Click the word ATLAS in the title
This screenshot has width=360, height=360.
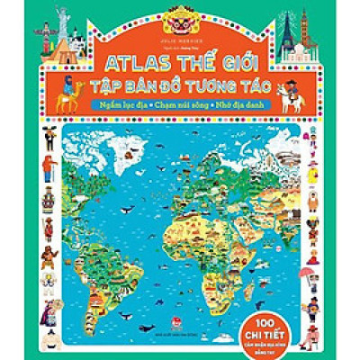point(123,68)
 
